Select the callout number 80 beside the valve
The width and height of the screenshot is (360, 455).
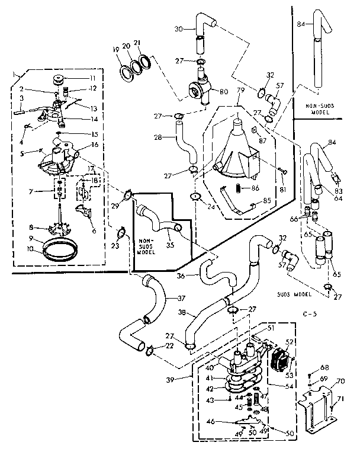tap(225, 92)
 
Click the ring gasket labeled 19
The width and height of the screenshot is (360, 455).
tap(126, 72)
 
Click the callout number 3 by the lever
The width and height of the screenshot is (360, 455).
tap(22, 98)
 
